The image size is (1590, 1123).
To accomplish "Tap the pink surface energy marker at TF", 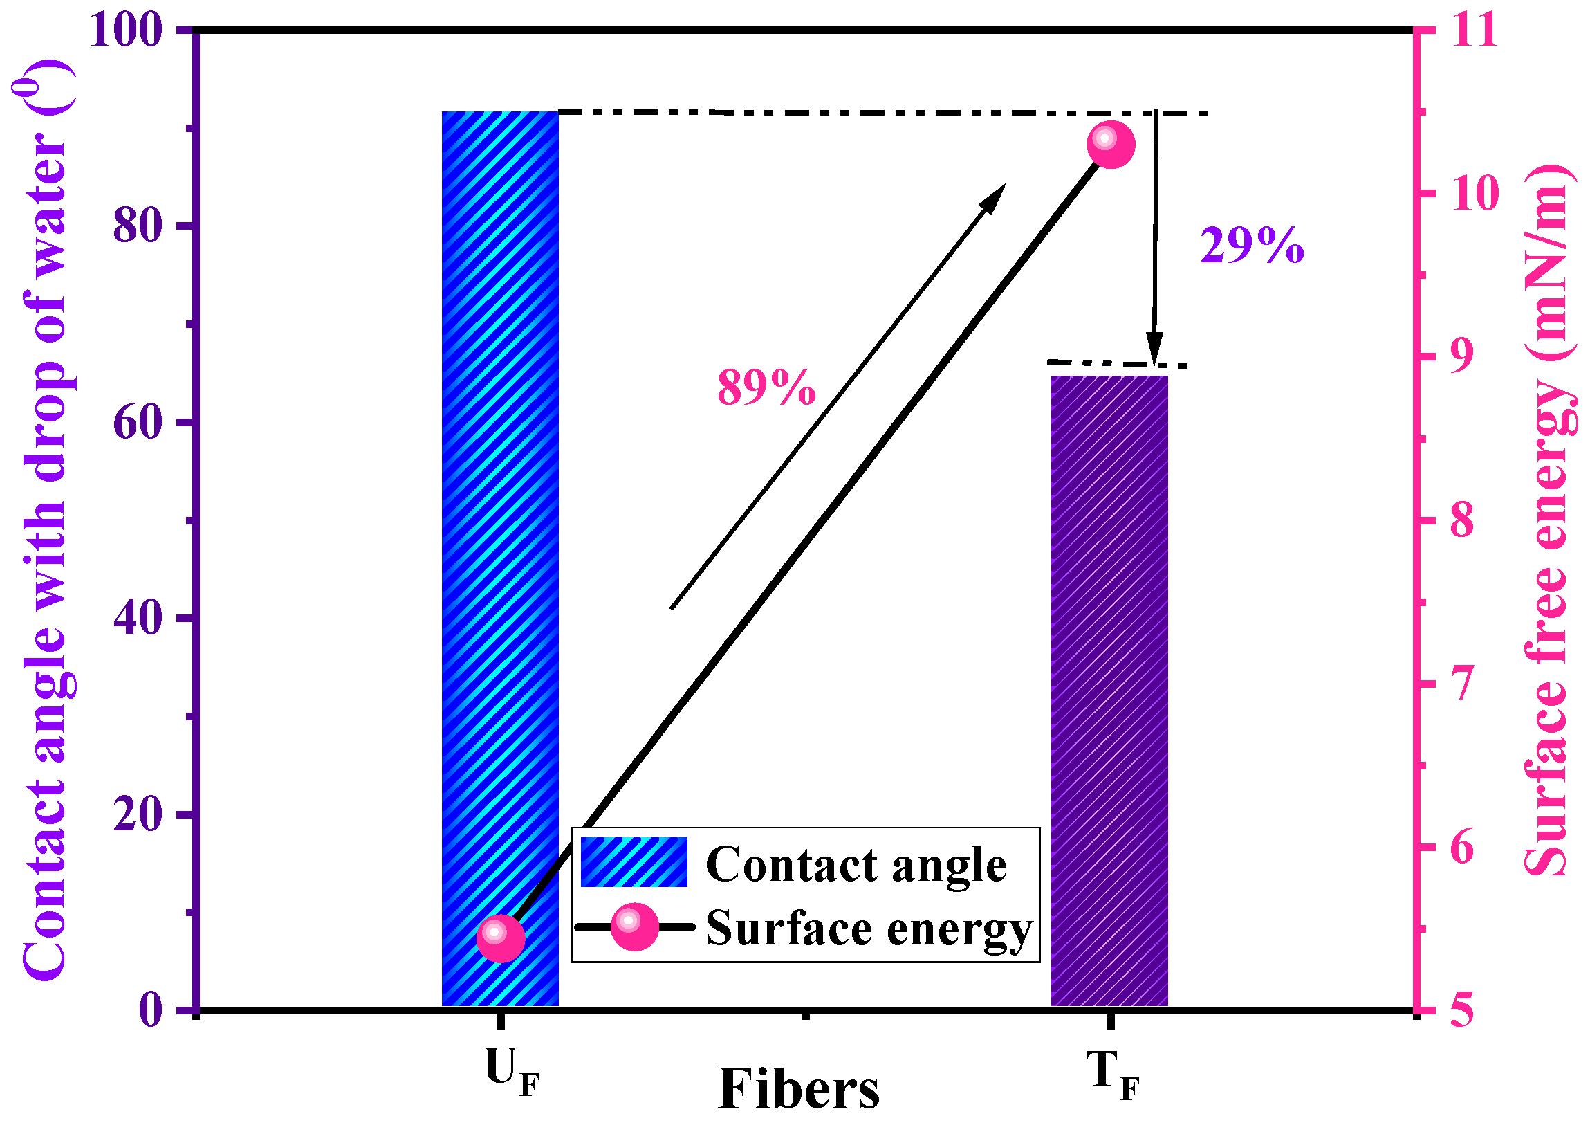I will [x=1111, y=144].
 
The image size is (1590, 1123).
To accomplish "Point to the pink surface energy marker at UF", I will [x=501, y=938].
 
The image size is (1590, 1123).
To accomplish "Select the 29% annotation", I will [x=1252, y=246].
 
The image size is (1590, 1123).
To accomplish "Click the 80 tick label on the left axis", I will [x=137, y=226].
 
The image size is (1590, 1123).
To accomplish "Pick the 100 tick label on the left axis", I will [x=126, y=30].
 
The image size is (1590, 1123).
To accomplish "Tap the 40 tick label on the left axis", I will [x=137, y=618].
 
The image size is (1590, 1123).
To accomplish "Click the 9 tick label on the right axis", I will [x=1461, y=357].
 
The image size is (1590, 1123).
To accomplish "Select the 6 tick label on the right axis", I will [x=1461, y=847].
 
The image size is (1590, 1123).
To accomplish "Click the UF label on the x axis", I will [x=511, y=1072].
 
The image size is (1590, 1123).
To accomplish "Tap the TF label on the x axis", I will [x=1112, y=1074].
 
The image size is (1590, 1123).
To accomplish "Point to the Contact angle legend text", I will [x=856, y=865].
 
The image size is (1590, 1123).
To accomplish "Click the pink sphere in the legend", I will [x=634, y=926].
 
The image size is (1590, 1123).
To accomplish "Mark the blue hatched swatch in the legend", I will [x=634, y=862].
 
